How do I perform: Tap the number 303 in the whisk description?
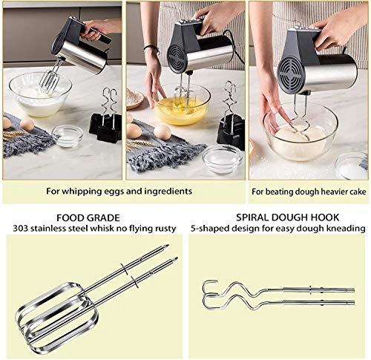click(x=22, y=229)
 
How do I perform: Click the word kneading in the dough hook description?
click(x=347, y=229)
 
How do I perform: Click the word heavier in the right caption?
click(x=325, y=191)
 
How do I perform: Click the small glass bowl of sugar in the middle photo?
click(x=222, y=157)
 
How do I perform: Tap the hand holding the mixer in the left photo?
click(x=99, y=30)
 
